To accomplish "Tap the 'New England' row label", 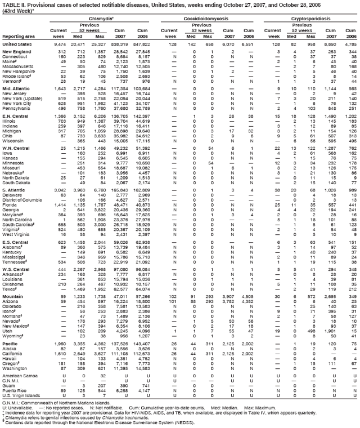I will [16, 52].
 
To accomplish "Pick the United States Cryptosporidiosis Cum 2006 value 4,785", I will [350, 43].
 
